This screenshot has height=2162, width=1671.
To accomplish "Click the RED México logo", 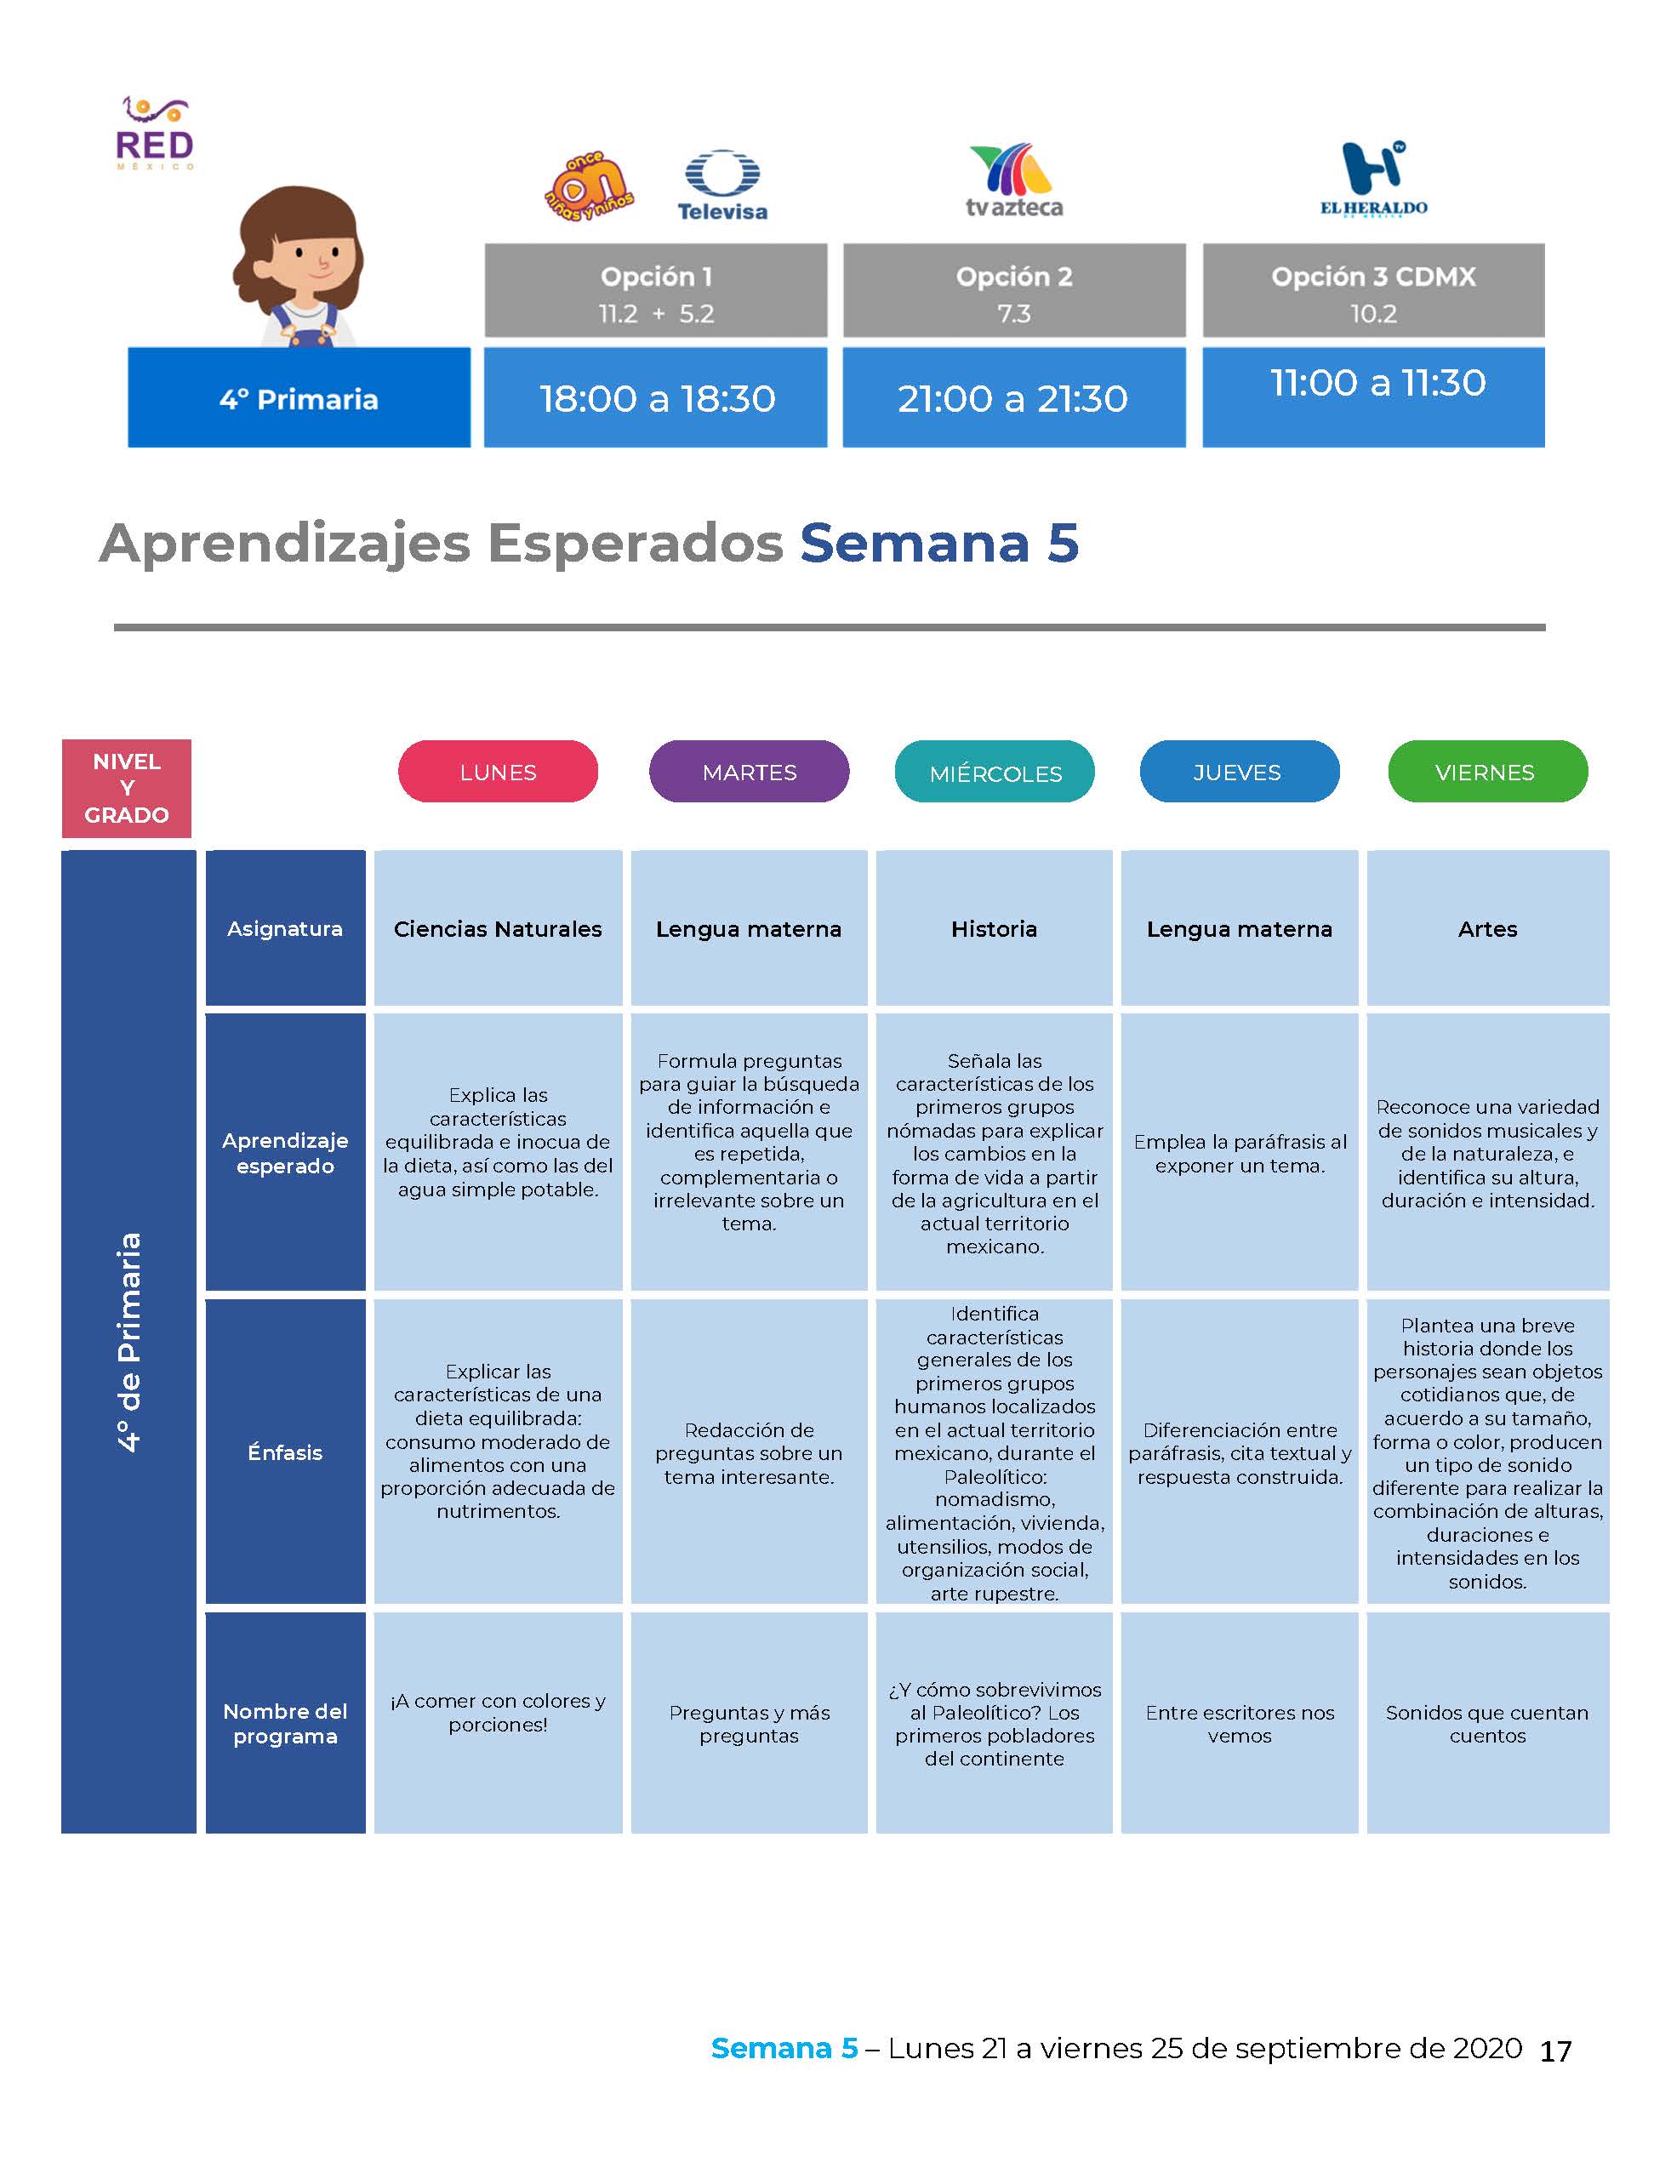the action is pos(155,134).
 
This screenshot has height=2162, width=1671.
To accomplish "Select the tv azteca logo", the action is pos(1013,180).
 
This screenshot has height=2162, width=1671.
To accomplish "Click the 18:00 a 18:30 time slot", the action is pos(656,398).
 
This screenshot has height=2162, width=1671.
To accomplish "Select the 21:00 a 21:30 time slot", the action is pos(1013,398).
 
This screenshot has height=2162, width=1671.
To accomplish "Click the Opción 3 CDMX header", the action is pos(1373,291).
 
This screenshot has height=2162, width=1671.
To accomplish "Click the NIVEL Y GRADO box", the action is pos(127,788).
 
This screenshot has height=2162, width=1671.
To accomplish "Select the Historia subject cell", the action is pos(994,928).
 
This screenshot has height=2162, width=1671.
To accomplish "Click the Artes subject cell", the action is pos(1488,928).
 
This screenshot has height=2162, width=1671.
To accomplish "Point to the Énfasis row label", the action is pos(285,1452).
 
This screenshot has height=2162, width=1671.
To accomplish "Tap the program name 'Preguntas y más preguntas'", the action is pos(750,1724).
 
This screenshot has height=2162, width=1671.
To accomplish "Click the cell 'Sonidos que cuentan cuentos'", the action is pos(1488,1724).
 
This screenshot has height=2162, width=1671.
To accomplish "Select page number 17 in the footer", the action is pos(1555,2051).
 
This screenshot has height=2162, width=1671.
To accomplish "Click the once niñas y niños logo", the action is pos(589,186).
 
